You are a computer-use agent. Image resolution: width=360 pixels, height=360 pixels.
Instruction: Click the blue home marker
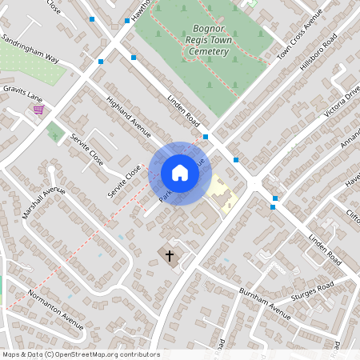(x=180, y=173)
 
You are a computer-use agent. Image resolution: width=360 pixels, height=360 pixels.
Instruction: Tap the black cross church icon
(x=169, y=256)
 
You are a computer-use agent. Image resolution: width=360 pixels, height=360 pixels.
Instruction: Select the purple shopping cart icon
(x=38, y=110)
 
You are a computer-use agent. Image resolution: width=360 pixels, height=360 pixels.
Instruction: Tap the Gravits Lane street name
(x=22, y=93)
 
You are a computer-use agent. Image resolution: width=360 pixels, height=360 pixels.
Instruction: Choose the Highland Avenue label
(x=129, y=116)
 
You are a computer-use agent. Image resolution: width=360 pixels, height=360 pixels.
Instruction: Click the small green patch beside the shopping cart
(x=54, y=131)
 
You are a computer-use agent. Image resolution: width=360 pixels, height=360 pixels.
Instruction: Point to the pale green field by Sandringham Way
(x=32, y=68)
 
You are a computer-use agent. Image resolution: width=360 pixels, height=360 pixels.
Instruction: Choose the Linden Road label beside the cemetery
(x=183, y=110)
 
